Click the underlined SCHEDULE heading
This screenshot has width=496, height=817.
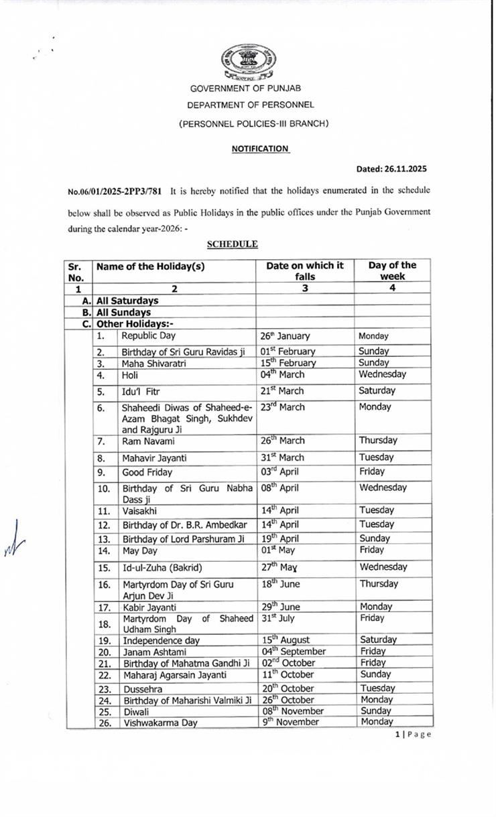pos(232,244)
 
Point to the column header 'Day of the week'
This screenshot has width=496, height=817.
pos(392,271)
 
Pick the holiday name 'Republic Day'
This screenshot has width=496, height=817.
pos(148,336)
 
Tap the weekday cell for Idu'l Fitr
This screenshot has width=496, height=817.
pos(377,390)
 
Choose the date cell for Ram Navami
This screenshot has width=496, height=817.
pos(282,441)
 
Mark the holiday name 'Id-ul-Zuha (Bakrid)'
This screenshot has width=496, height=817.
pos(162,568)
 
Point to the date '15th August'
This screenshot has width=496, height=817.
pos(286,640)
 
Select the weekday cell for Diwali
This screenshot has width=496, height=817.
pos(375,711)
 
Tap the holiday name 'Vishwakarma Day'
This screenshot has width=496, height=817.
pos(153,723)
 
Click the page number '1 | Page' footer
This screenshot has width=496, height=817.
pos(413,734)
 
